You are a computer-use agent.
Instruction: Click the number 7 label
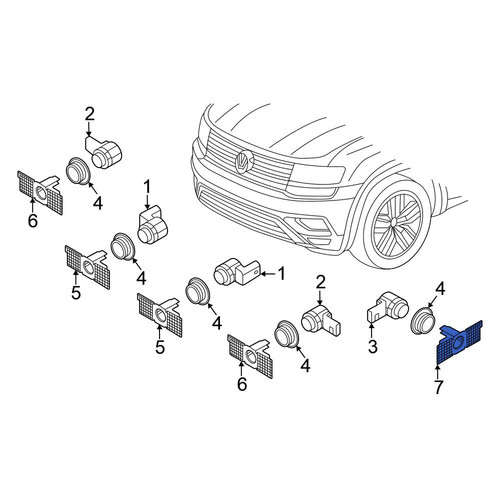438,387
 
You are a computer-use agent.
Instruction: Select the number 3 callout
372,346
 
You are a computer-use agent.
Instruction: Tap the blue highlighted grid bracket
459,342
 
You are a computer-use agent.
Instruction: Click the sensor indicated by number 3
388,308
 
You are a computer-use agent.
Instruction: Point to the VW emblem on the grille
245,161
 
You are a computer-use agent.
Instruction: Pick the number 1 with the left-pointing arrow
282,274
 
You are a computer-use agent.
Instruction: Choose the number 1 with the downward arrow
147,189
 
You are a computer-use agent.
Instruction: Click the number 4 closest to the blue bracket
440,289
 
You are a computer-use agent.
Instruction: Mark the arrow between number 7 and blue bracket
438,371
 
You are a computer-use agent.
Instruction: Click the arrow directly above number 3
372,329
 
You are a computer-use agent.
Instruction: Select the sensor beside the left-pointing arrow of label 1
237,271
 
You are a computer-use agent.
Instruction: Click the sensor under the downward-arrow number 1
154,225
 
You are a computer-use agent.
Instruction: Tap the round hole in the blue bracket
459,341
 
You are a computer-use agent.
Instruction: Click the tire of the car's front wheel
397,222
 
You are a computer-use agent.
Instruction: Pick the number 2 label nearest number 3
320,283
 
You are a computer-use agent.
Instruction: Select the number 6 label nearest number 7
242,384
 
